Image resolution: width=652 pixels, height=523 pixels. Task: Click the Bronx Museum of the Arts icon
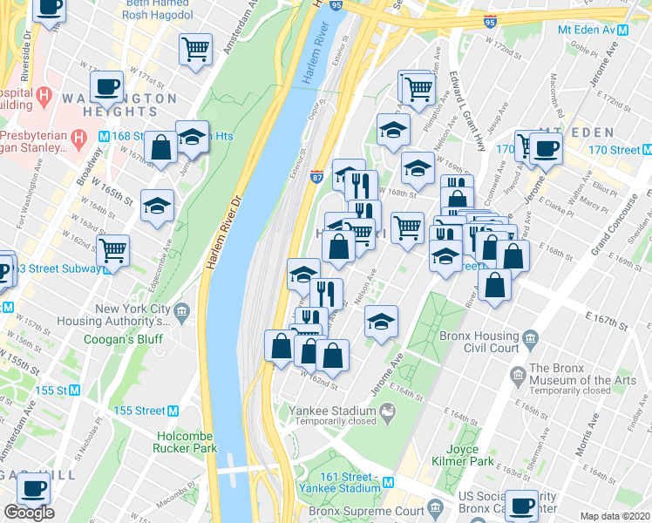[x=519, y=375]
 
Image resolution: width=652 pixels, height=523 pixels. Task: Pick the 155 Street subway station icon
[x=173, y=411]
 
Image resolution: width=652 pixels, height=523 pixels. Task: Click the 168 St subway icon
[x=104, y=136]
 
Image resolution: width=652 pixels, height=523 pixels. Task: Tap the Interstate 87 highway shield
[x=316, y=176]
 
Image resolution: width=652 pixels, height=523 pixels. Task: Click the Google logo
[x=29, y=513]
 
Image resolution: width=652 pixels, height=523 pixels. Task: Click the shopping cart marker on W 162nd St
[x=112, y=250]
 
